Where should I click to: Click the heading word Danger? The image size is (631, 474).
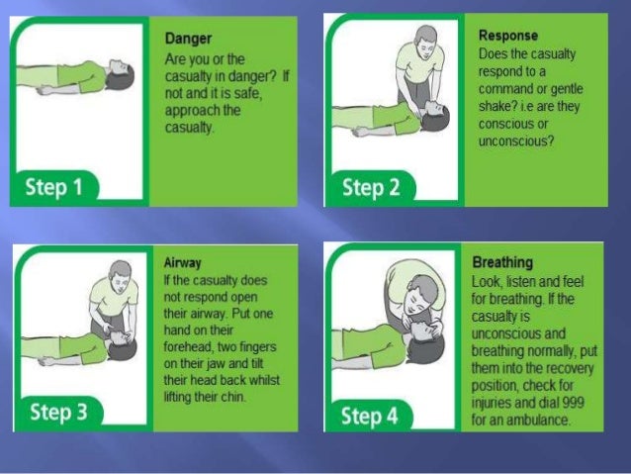[x=188, y=39]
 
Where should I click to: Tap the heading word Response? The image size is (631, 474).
[x=508, y=36]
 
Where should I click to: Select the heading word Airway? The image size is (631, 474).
[x=182, y=263]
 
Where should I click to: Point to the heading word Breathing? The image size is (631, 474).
[x=502, y=262]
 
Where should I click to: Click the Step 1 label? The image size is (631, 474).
[x=53, y=187]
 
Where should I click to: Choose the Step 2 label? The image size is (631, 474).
[x=371, y=187]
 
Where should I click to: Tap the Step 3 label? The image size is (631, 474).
[x=58, y=412]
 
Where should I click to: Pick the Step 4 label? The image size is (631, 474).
[x=370, y=416]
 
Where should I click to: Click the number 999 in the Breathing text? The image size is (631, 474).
[x=573, y=403]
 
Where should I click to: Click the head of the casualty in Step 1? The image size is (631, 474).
[x=120, y=75]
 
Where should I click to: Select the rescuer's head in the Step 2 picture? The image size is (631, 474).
[x=426, y=41]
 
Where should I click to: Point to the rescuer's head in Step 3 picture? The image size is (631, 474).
[x=121, y=276]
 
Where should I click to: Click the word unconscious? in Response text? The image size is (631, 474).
[x=516, y=142]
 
